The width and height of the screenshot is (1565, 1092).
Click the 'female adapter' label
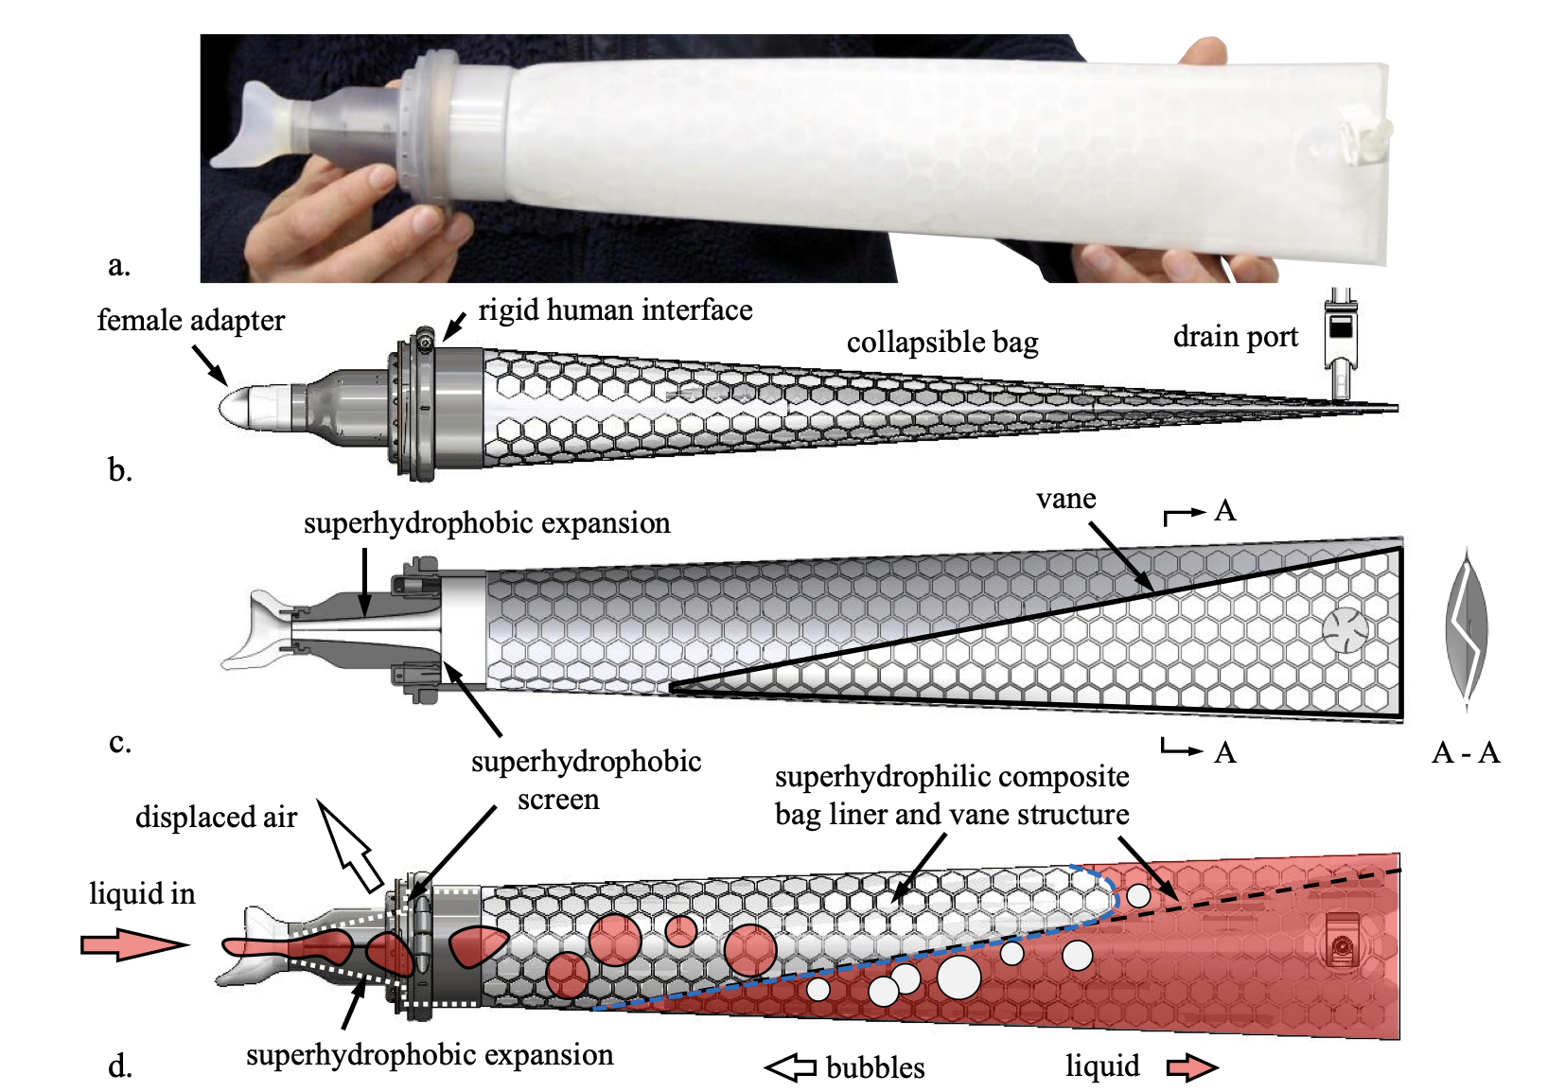point(190,321)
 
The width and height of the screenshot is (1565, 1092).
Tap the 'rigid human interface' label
point(615,310)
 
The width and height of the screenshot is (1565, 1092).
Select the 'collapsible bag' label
point(941,343)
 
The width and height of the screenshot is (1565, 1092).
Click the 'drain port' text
point(1235,337)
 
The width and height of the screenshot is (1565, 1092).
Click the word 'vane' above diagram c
point(1065,499)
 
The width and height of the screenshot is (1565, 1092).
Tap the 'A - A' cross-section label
point(1466,753)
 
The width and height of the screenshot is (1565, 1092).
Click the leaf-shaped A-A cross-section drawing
point(1467,629)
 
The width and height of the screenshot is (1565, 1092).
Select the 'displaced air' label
point(216,817)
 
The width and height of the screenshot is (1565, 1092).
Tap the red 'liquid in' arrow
point(132,943)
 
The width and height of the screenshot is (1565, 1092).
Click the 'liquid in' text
point(142,893)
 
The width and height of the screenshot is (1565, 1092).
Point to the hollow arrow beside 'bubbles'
point(791,1067)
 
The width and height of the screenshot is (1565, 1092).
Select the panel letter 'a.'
point(118,265)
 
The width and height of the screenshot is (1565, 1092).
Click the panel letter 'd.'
point(119,1067)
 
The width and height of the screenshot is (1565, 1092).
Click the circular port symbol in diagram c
point(1345,629)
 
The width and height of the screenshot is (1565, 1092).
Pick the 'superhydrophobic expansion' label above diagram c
point(486,523)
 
